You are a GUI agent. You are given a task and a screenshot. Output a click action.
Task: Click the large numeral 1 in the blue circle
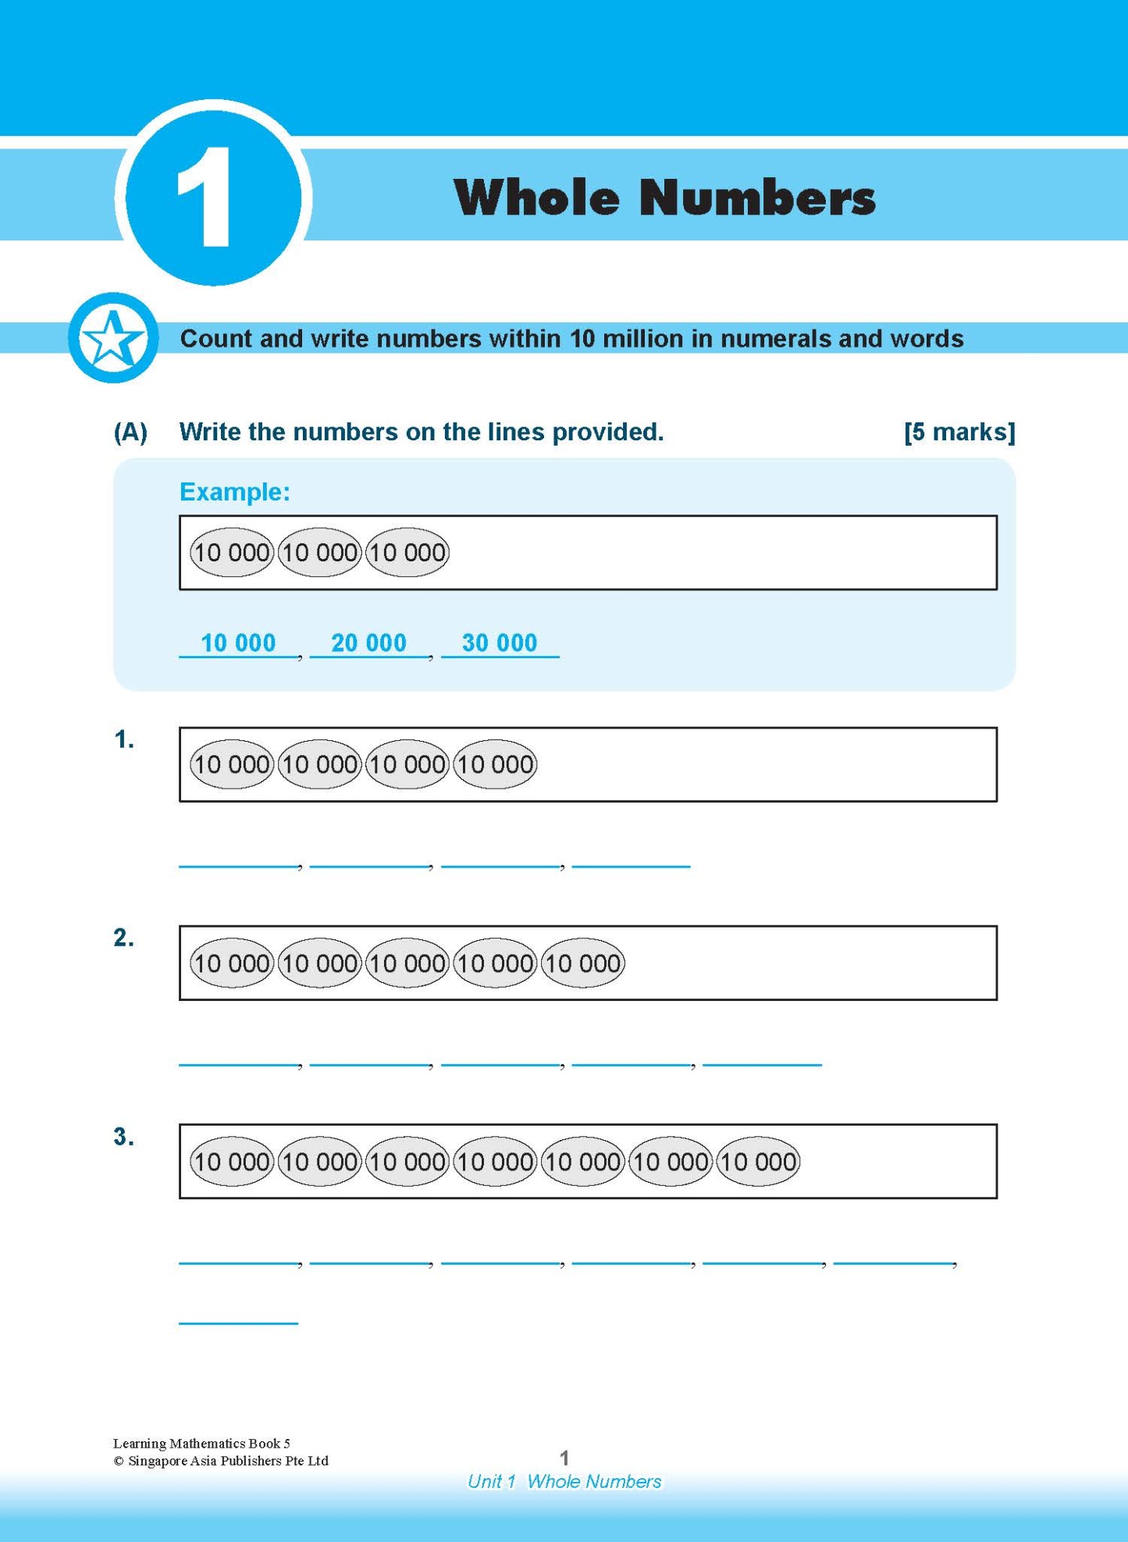pyautogui.click(x=205, y=197)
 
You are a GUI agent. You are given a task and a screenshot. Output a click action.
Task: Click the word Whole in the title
pyautogui.click(x=536, y=197)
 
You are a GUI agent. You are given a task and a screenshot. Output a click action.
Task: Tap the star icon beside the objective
pyautogui.click(x=113, y=338)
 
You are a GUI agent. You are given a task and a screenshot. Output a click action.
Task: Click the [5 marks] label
pyautogui.click(x=959, y=432)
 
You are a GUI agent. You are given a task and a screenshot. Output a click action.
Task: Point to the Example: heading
pyautogui.click(x=234, y=492)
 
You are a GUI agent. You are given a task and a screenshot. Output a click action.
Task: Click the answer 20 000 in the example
pyautogui.click(x=368, y=643)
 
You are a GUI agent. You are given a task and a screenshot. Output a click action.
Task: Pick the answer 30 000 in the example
pyautogui.click(x=500, y=643)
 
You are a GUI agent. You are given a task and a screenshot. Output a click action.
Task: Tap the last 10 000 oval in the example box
pyautogui.click(x=407, y=553)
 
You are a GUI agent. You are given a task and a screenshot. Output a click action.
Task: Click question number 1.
pyautogui.click(x=123, y=739)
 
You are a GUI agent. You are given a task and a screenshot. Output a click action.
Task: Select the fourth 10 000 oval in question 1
pyautogui.click(x=495, y=764)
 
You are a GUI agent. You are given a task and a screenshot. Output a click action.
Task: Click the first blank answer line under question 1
pyautogui.click(x=239, y=864)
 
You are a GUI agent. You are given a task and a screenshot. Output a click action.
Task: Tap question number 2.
pyautogui.click(x=123, y=938)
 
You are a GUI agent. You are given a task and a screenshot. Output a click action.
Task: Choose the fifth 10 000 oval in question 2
pyautogui.click(x=582, y=963)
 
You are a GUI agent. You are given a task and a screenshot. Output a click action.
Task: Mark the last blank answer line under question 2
pyautogui.click(x=762, y=1063)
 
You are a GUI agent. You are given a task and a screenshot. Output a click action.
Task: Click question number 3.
pyautogui.click(x=123, y=1137)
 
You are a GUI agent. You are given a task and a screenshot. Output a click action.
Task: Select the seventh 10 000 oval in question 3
pyautogui.click(x=757, y=1162)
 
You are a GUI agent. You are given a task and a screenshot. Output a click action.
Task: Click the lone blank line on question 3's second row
pyautogui.click(x=239, y=1322)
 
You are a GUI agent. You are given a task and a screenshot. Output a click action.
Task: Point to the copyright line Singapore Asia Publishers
pyautogui.click(x=221, y=1461)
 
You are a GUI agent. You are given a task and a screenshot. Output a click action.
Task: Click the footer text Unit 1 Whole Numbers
pyautogui.click(x=564, y=1481)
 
